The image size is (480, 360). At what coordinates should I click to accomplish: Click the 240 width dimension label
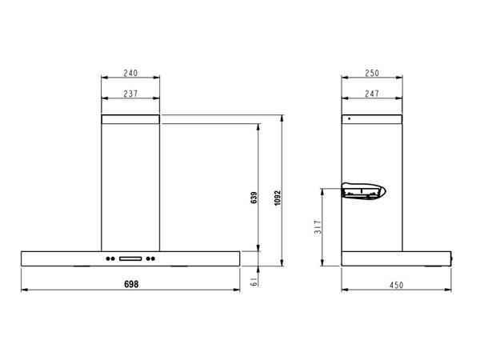130,73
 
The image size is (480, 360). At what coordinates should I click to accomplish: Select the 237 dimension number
130,94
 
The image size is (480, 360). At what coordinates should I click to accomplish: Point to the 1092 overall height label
277,197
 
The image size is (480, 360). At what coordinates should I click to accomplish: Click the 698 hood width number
130,284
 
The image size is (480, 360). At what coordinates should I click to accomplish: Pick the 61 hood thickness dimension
253,281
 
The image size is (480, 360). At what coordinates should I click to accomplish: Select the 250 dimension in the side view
371,73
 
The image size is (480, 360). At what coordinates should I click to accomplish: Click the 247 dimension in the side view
371,94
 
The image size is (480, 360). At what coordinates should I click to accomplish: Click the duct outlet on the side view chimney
363,191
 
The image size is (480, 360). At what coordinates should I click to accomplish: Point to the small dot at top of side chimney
349,120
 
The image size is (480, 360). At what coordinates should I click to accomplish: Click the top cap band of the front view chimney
130,119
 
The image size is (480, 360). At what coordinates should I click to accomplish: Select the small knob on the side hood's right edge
454,258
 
